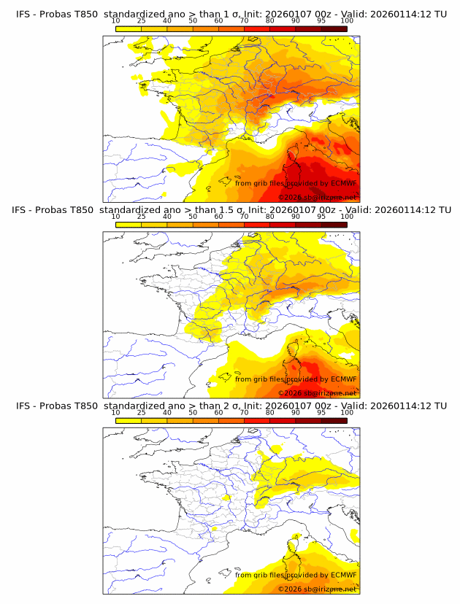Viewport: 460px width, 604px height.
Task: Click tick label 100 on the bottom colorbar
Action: click(x=347, y=412)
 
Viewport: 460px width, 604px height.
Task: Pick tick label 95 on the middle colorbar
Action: click(x=321, y=217)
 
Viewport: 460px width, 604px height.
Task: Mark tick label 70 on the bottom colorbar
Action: click(x=244, y=412)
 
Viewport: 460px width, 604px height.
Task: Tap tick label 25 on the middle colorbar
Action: click(x=141, y=217)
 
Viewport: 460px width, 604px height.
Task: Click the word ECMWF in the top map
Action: click(x=344, y=183)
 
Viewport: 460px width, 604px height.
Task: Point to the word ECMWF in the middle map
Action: click(x=344, y=379)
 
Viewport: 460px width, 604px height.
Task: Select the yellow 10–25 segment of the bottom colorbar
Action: click(x=129, y=421)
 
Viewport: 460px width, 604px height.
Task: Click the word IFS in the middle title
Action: click(x=22, y=210)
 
